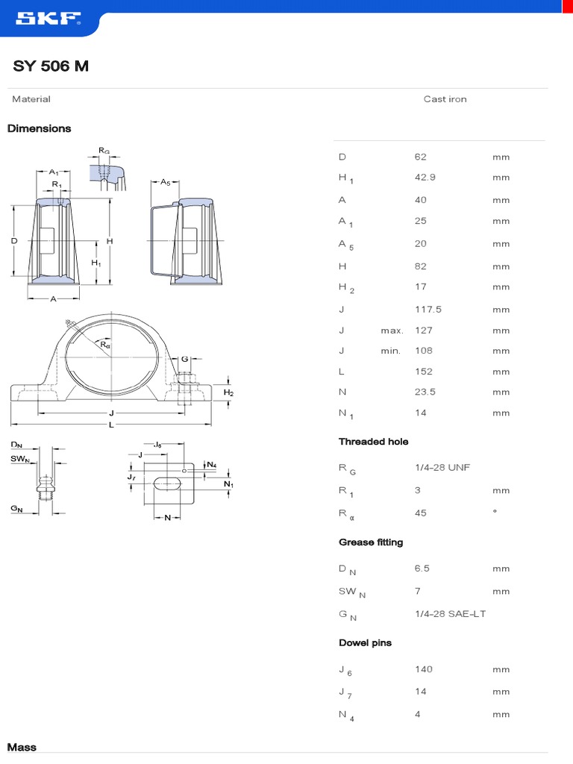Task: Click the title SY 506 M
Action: tap(51, 66)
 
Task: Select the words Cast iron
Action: tap(445, 99)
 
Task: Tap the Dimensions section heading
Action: tap(40, 128)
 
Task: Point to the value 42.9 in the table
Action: tap(425, 178)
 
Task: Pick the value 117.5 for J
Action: tap(428, 310)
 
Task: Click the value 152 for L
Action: tap(423, 372)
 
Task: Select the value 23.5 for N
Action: tap(425, 392)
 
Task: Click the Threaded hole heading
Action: tap(373, 442)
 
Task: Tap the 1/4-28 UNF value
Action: tap(442, 468)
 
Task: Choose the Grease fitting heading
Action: tap(371, 542)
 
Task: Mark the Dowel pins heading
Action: tap(365, 643)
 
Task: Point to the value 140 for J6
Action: tap(423, 669)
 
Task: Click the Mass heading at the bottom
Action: tap(22, 748)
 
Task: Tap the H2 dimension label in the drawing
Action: tap(229, 392)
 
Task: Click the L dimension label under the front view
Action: tap(110, 425)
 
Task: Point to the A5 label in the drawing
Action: tap(166, 182)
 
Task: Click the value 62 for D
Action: tap(420, 157)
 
